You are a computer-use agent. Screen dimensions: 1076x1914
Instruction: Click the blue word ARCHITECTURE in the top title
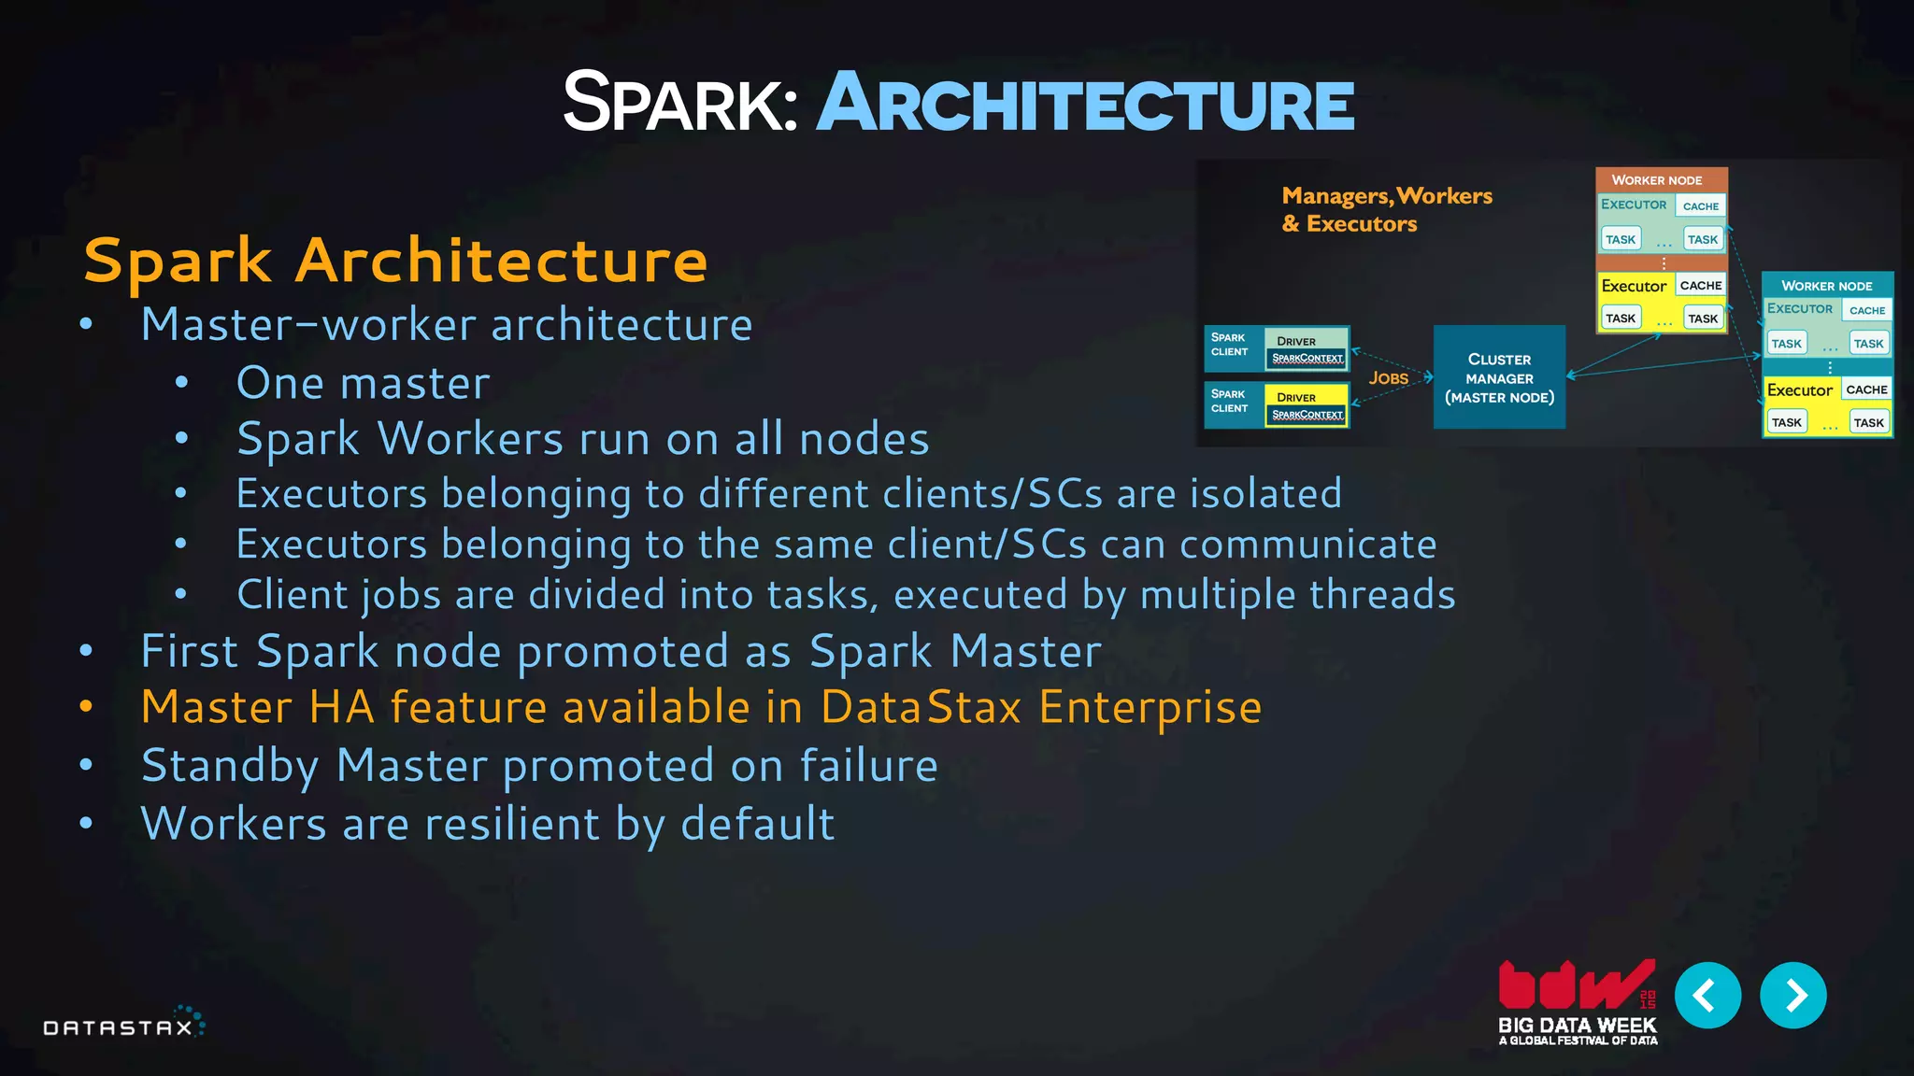click(x=1085, y=104)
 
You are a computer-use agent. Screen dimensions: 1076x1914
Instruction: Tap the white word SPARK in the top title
click(x=679, y=104)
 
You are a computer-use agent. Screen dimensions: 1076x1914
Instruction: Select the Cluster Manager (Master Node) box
click(x=1499, y=377)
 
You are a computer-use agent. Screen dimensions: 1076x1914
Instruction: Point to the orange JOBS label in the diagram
click(x=1388, y=378)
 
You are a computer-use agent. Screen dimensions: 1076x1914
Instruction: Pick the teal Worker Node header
click(x=1826, y=286)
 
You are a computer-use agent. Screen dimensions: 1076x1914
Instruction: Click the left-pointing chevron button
click(x=1707, y=996)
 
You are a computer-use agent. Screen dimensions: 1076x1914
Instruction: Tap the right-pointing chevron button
click(x=1793, y=996)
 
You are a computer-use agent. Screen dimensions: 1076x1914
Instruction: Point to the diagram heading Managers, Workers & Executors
click(x=1386, y=209)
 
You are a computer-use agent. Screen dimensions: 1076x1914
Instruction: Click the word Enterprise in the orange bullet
click(x=1150, y=707)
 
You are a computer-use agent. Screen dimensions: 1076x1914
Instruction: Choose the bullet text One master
click(x=363, y=383)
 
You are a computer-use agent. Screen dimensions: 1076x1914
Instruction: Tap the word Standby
click(x=230, y=766)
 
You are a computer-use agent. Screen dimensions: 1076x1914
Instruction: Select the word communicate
click(x=1307, y=545)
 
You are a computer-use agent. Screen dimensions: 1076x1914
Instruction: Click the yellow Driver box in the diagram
click(x=1306, y=404)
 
